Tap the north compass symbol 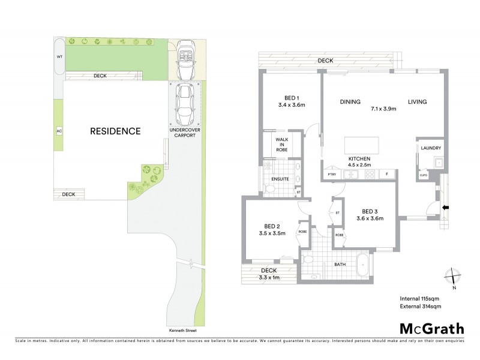click(452, 277)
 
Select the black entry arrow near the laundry click(445, 208)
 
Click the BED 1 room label click(292, 98)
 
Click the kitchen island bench click(362, 145)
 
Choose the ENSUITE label click(281, 178)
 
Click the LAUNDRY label click(431, 148)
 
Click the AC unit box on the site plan click(59, 130)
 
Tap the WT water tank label click(59, 56)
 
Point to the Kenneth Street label click(184, 331)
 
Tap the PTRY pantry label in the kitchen click(331, 175)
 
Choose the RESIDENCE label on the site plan click(115, 131)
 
